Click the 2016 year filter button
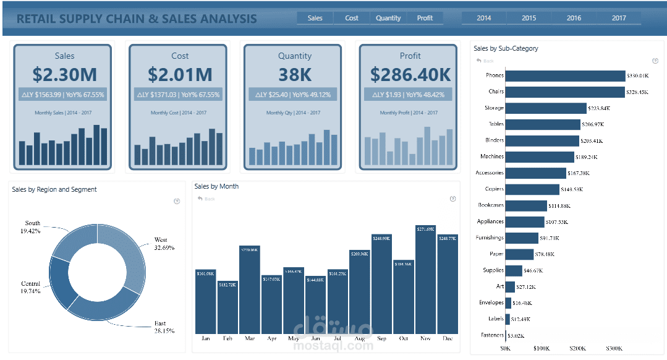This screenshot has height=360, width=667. pos(574,18)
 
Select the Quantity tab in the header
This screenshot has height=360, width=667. pos(388,18)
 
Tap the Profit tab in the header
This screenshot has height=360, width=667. pos(425,18)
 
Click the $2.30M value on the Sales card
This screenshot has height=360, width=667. pos(65,75)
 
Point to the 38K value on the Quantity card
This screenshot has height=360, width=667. pos(295,75)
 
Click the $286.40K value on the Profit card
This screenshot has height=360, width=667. pos(410,75)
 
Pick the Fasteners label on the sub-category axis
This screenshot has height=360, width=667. pos(492,335)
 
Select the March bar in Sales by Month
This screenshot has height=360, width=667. pos(249,290)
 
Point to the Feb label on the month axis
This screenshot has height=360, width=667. pos(227,339)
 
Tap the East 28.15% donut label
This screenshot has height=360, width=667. pos(164,327)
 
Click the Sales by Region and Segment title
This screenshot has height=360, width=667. pos(54,189)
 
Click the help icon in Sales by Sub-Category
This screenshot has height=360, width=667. pos(655,61)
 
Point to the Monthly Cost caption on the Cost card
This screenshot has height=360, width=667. pos(180,113)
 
